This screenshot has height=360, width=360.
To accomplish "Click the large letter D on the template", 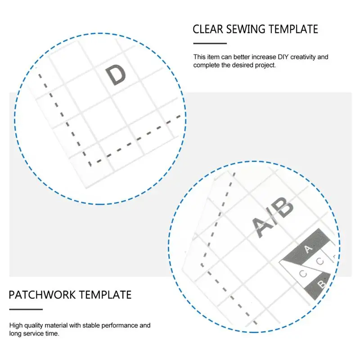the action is coord(116,75).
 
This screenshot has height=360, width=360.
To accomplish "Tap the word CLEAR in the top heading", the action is coord(208,29).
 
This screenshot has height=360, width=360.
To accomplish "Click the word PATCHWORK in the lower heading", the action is coord(42,295).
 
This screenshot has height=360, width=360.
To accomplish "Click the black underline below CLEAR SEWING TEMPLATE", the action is coord(210,43).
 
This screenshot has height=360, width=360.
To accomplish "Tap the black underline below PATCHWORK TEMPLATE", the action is coord(26,309).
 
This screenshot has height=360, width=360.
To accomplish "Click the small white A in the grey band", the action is coord(308,249).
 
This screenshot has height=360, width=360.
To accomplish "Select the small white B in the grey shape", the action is coord(321,284).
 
